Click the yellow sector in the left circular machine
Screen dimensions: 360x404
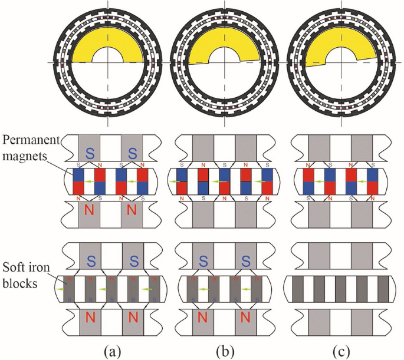[88, 47]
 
